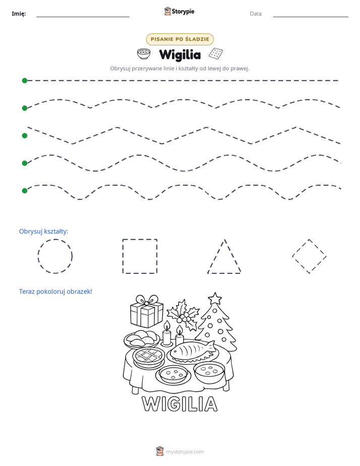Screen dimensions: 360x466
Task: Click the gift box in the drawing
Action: click(x=147, y=312)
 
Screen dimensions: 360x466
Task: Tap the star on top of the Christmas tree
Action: click(x=215, y=299)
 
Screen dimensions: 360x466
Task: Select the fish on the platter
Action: click(x=193, y=350)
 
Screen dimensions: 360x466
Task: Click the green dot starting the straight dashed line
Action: click(x=25, y=81)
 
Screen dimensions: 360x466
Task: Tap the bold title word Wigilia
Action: click(x=180, y=54)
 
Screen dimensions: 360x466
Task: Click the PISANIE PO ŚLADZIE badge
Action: click(x=180, y=39)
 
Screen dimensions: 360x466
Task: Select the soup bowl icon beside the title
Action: click(x=144, y=54)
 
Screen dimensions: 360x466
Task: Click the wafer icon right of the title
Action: click(x=216, y=53)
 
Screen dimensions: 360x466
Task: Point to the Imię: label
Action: click(x=19, y=14)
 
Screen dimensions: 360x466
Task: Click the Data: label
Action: click(x=256, y=14)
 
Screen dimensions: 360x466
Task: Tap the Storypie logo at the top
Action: click(x=179, y=11)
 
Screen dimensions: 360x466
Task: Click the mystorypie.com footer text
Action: click(x=185, y=452)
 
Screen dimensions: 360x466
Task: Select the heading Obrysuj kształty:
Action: click(x=44, y=231)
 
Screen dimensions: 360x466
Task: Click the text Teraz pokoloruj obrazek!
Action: click(x=55, y=292)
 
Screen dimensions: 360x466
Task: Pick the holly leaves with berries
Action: click(x=183, y=315)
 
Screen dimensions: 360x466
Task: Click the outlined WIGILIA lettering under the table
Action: click(x=179, y=403)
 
